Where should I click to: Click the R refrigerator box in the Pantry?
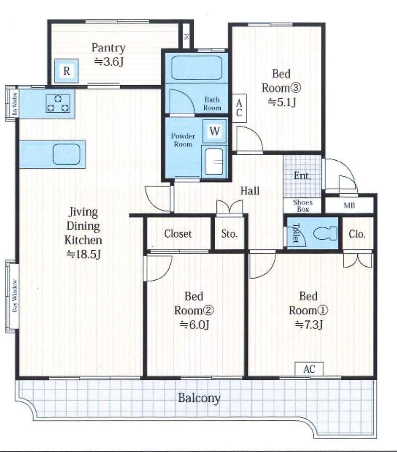tap(67, 71)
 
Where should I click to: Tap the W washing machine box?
tap(214, 131)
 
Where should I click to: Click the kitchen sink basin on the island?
tap(66, 154)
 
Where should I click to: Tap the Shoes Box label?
tap(303, 206)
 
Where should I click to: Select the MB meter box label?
tap(349, 206)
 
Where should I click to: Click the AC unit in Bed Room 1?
tap(309, 369)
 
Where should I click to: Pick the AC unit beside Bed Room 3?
tap(239, 108)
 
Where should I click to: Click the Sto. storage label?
tap(229, 233)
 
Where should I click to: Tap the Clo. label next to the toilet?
tap(357, 234)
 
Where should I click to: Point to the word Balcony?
tap(199, 398)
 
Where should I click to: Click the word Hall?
tap(250, 190)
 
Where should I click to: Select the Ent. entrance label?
tap(303, 175)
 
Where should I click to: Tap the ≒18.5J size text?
tap(83, 254)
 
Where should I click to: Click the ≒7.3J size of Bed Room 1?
tap(308, 325)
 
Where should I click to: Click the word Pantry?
tap(108, 48)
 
